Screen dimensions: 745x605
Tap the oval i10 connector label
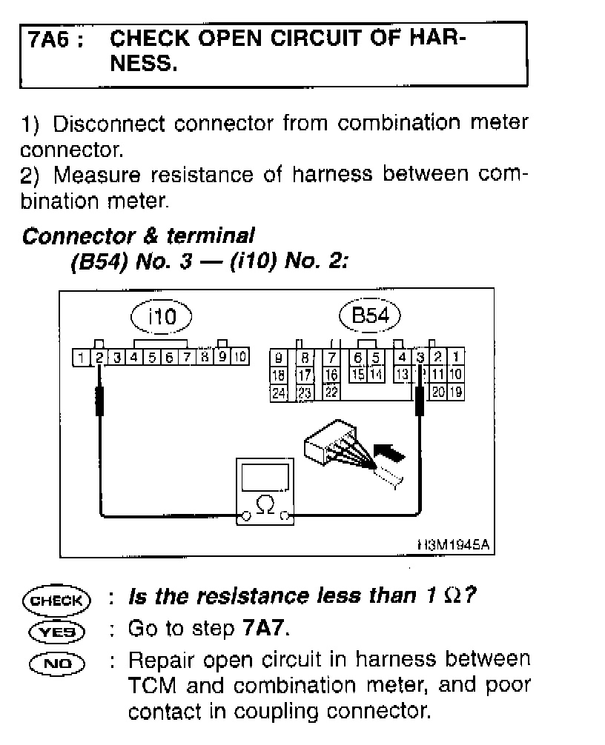(x=161, y=317)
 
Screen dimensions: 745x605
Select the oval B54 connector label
(x=369, y=317)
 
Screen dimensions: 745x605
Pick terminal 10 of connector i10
(x=239, y=358)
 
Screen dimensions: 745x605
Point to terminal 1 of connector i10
(x=80, y=358)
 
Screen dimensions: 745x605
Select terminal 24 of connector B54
(x=278, y=392)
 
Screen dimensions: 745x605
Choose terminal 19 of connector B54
(x=456, y=392)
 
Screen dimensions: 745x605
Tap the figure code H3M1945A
(x=453, y=545)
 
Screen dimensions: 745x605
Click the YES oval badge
(x=56, y=630)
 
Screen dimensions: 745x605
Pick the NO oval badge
(x=56, y=661)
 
